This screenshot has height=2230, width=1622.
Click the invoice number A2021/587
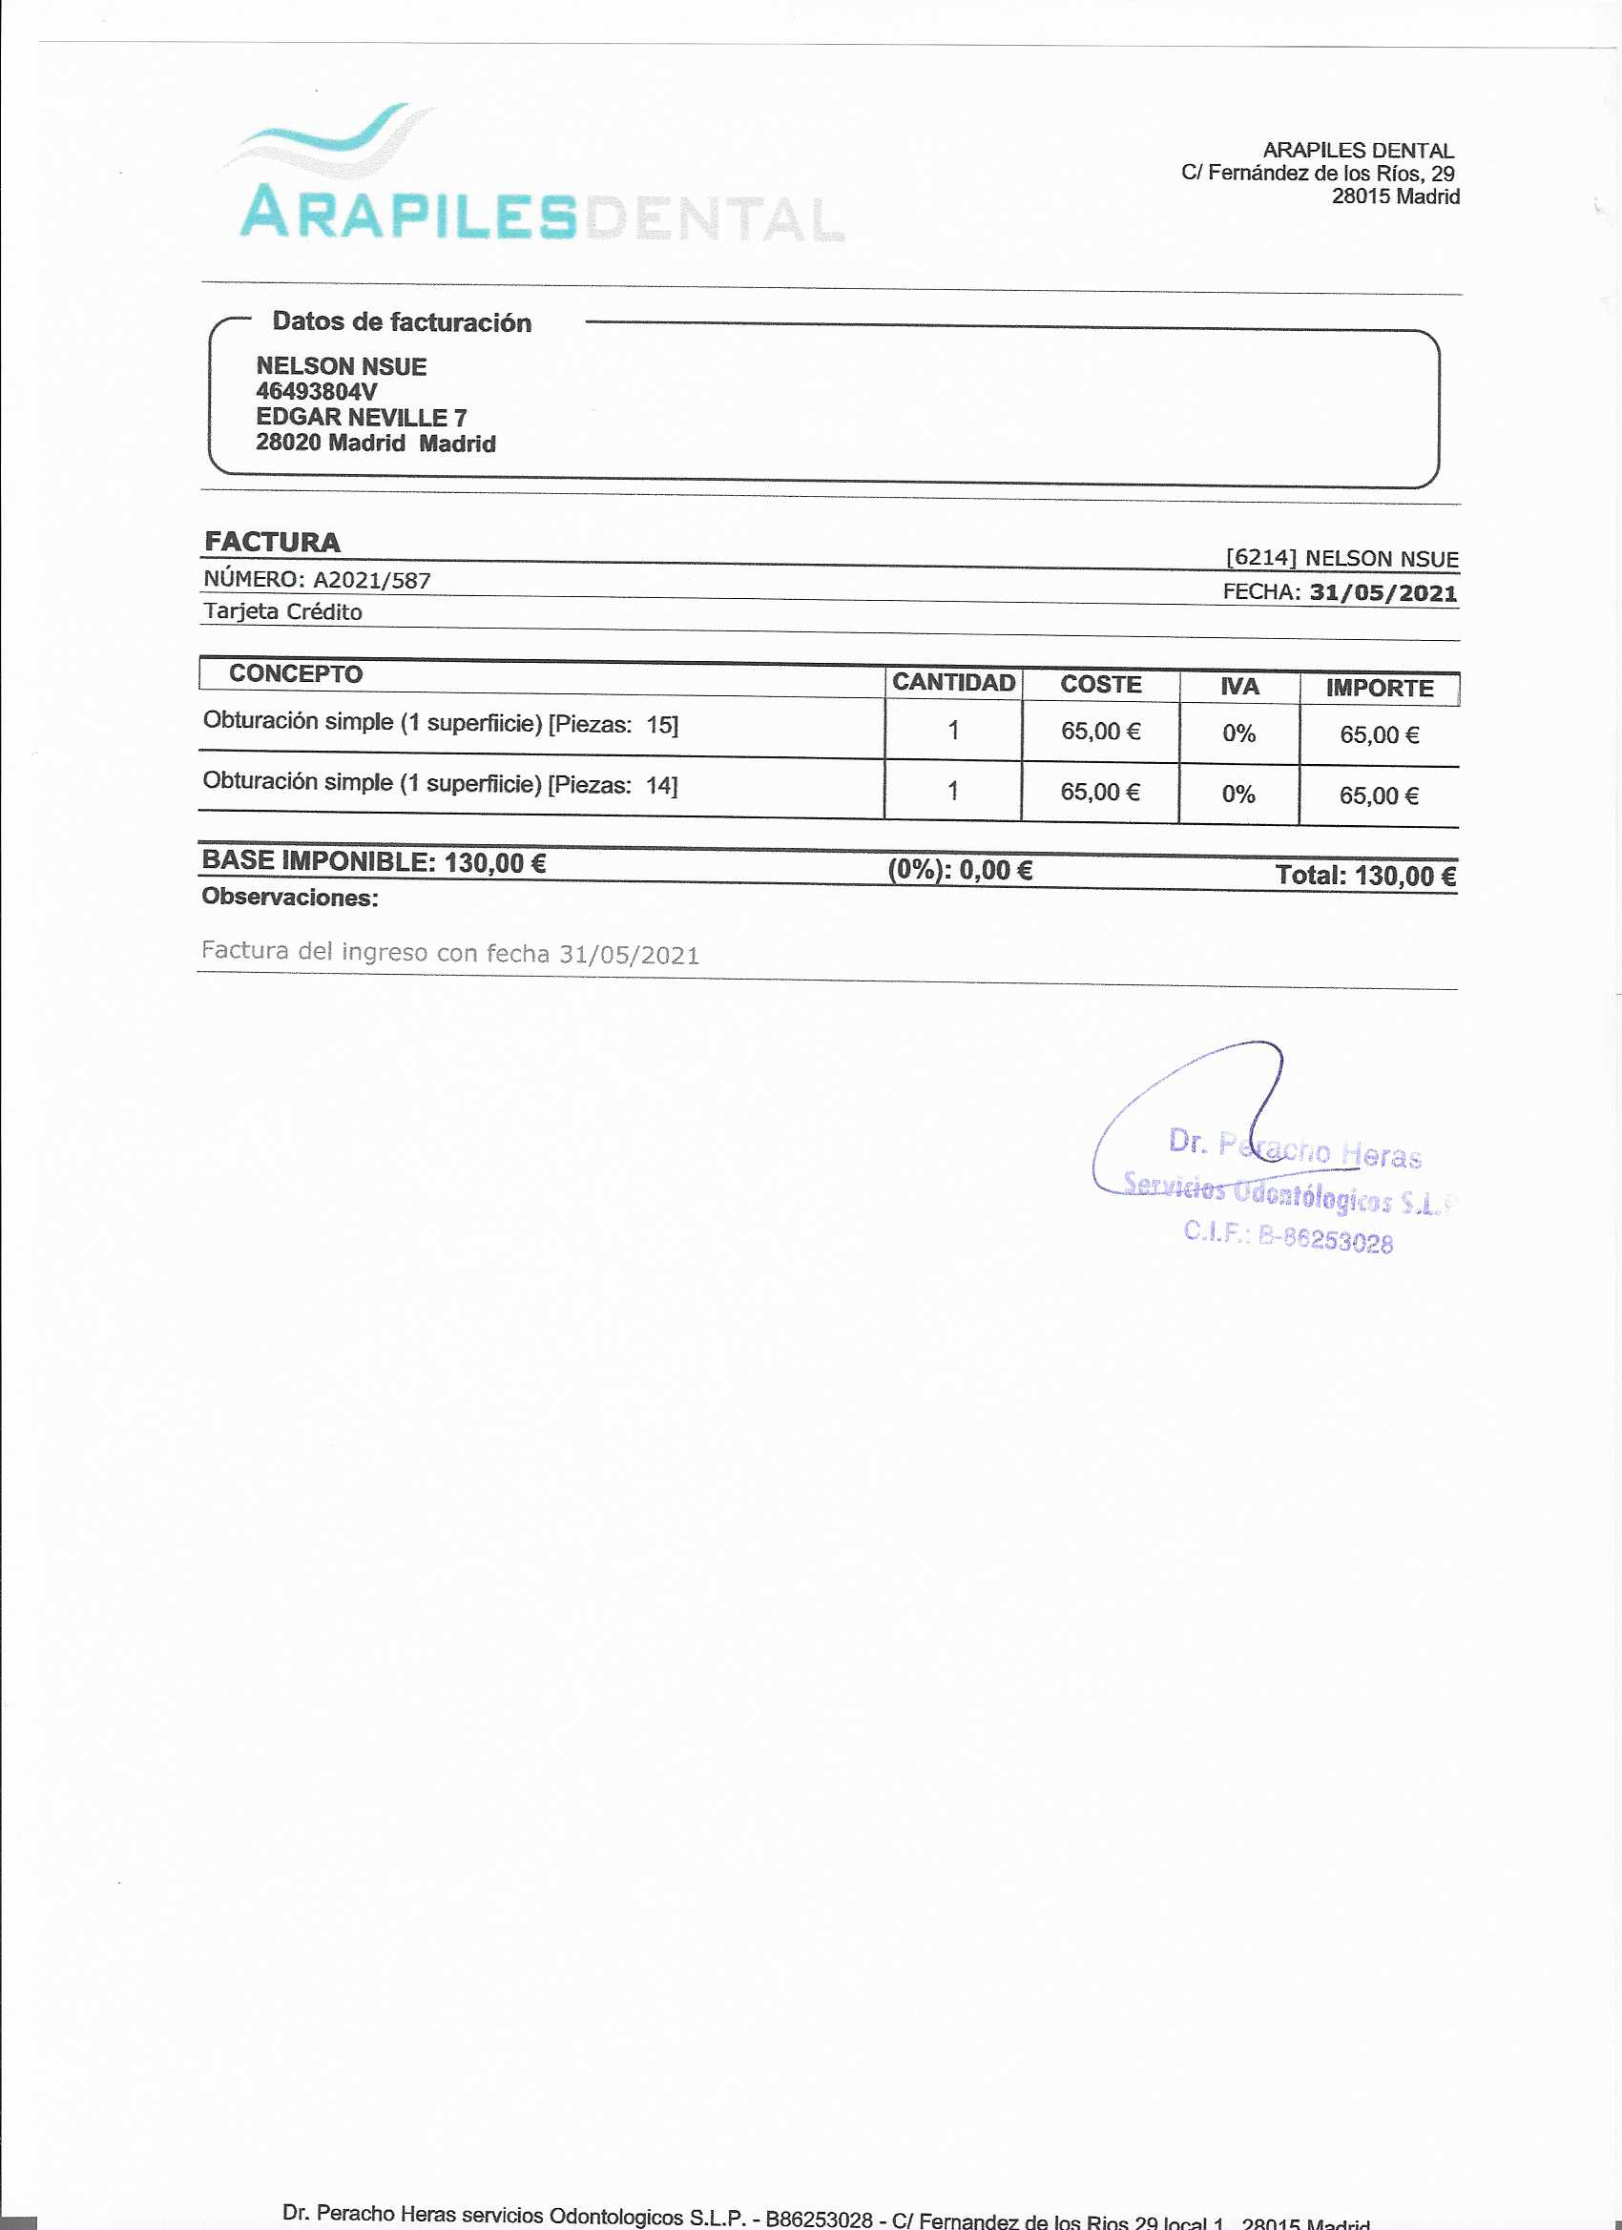click(371, 581)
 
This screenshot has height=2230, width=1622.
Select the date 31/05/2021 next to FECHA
click(1382, 593)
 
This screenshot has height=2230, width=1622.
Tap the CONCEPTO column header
click(295, 674)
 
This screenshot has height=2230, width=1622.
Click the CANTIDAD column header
click(952, 682)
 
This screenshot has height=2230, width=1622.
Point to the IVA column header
click(1238, 687)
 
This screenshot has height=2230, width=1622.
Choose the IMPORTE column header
click(1378, 689)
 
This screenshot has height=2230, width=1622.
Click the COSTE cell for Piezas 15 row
click(1100, 732)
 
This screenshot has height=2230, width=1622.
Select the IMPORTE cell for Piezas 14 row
click(1378, 796)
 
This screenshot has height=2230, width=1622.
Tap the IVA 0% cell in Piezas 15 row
click(1238, 733)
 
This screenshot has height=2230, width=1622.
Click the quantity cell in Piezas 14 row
click(952, 792)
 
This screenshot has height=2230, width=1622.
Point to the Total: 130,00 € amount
click(1364, 876)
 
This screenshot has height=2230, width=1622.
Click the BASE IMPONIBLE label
click(318, 861)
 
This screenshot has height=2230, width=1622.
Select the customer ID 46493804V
click(316, 391)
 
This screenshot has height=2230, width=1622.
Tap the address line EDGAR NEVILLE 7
click(361, 417)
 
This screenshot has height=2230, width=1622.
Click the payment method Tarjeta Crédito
click(282, 611)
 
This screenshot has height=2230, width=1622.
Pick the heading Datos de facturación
click(402, 321)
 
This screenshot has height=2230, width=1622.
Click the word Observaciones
click(289, 897)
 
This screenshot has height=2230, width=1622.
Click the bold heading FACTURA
click(272, 542)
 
